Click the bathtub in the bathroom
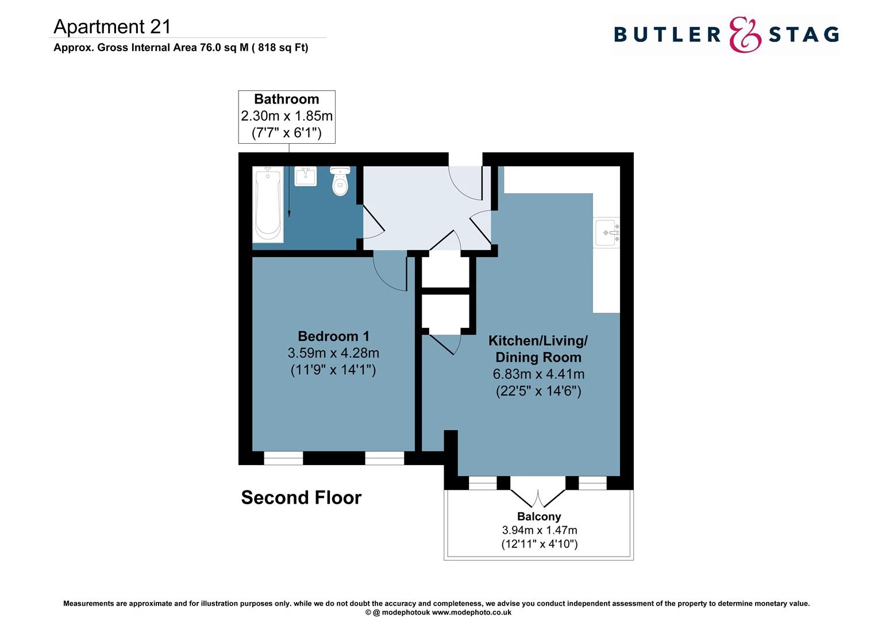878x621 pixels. (x=268, y=204)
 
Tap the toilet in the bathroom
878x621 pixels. (x=341, y=181)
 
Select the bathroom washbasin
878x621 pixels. (x=306, y=176)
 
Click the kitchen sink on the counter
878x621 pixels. (x=607, y=233)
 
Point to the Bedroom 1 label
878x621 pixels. (x=333, y=336)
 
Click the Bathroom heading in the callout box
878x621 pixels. (x=286, y=99)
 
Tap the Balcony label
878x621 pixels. (x=538, y=516)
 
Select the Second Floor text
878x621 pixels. (x=301, y=497)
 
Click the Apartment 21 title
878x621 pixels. (x=112, y=26)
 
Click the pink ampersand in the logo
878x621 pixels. (x=745, y=35)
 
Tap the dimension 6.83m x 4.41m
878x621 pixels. (x=538, y=374)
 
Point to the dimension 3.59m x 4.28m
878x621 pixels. (x=333, y=353)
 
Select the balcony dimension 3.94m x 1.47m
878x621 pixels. (x=539, y=530)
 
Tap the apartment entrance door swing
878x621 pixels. (x=466, y=183)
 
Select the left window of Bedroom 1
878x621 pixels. (x=283, y=458)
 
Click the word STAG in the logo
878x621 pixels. (x=804, y=35)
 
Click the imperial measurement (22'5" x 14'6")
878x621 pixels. (x=538, y=392)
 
